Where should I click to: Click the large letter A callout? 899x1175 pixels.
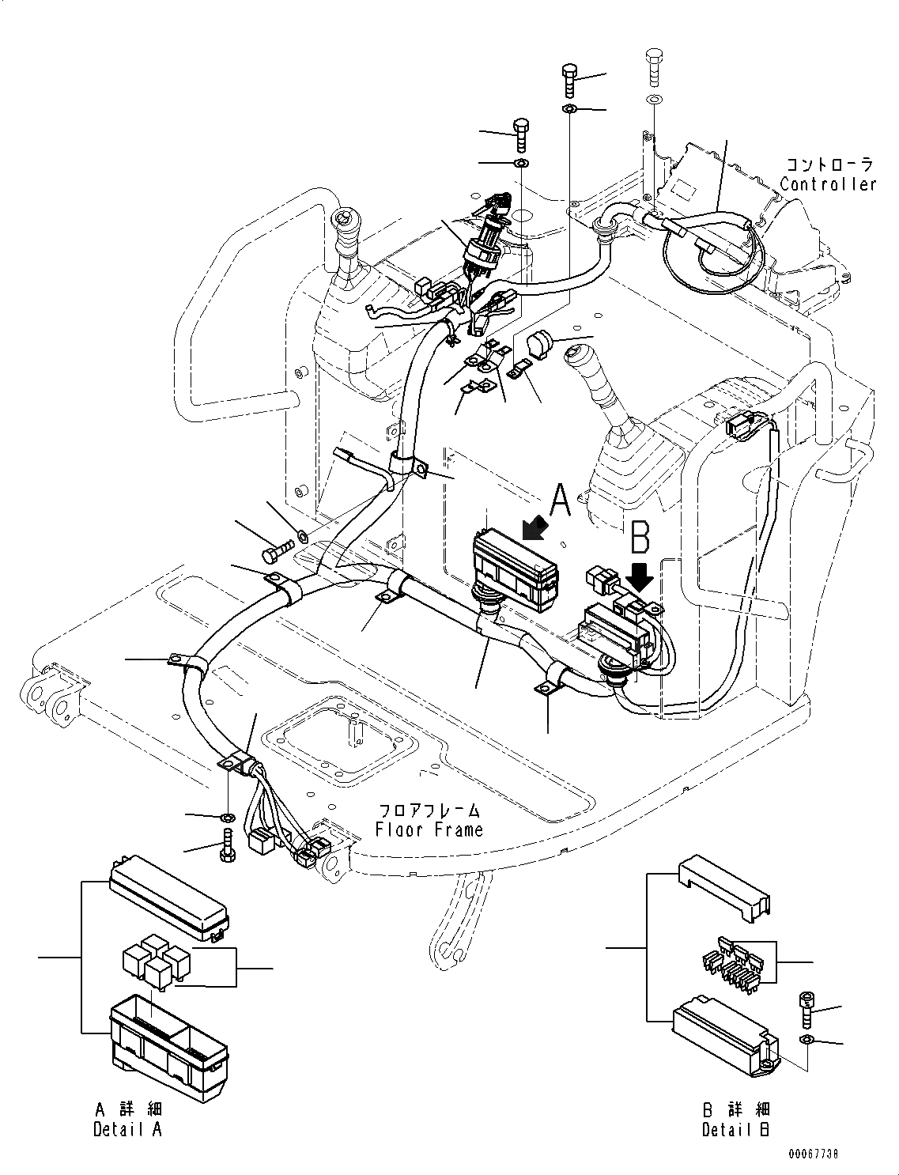tap(559, 501)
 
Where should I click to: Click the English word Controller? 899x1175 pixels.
tap(828, 184)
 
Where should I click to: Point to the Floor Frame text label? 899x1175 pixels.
tap(429, 829)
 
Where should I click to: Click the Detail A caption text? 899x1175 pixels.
tap(127, 1129)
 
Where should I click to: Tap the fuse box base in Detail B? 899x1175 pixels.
tap(722, 1035)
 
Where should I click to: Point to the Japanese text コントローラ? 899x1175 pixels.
tap(829, 164)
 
